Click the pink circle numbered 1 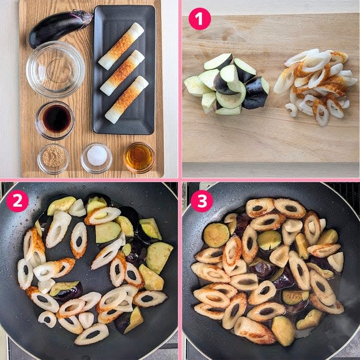tap(200, 18)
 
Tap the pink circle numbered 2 tap(17, 200)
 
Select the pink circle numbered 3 tap(202, 200)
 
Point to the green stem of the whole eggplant tap(85, 17)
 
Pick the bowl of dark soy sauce tap(55, 120)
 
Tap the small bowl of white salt tap(97, 158)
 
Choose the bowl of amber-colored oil tap(139, 158)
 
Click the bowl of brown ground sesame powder tap(53, 159)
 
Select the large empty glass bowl tap(55, 69)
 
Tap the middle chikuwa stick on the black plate tap(122, 73)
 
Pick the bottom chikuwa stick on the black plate tap(127, 100)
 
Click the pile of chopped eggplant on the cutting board tap(227, 84)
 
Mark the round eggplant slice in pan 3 tap(216, 235)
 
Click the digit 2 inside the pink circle tap(17, 200)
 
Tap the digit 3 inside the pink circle tap(202, 200)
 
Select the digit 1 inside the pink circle tap(200, 18)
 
